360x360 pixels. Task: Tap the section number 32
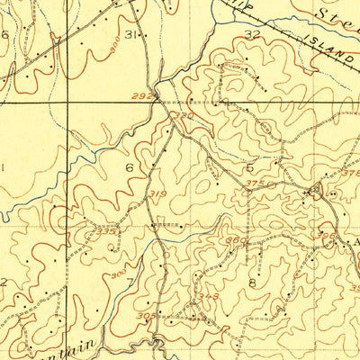(252, 34)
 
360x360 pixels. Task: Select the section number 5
(249, 167)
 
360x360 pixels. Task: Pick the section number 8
(253, 283)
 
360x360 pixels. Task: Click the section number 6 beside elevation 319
(130, 167)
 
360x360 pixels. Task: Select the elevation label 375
(254, 185)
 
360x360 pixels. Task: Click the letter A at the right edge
(354, 243)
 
